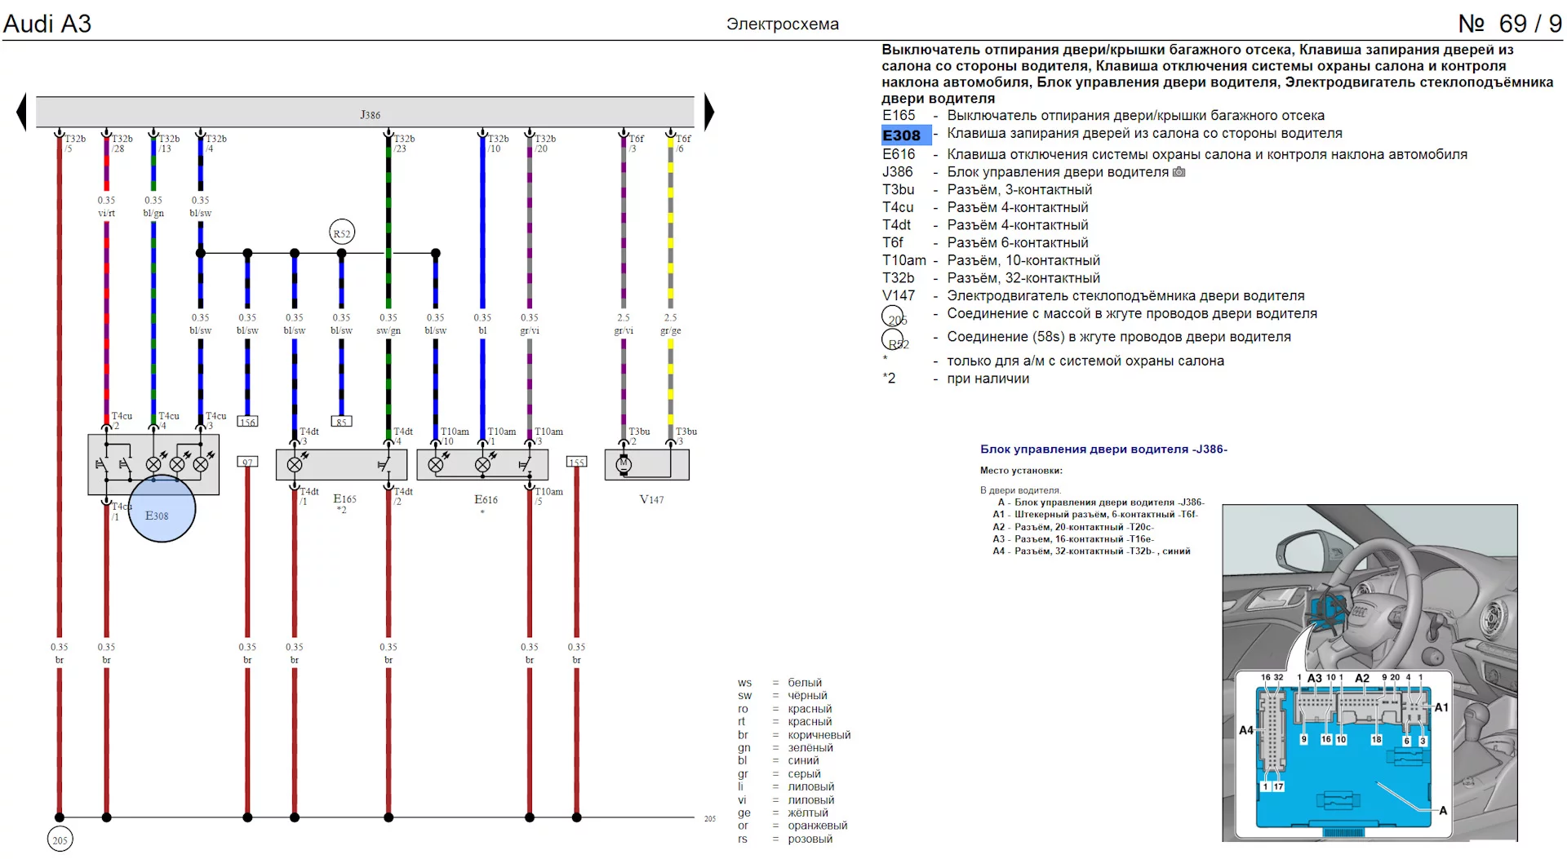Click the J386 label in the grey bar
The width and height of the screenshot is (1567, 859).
coord(370,115)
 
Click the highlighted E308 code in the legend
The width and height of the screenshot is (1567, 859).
coord(902,135)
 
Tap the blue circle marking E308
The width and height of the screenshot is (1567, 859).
coord(162,509)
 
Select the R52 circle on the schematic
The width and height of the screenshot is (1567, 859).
coord(342,233)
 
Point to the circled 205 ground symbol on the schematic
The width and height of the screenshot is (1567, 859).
coord(60,839)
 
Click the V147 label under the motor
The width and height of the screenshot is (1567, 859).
coord(651,499)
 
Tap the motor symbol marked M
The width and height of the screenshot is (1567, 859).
coord(624,464)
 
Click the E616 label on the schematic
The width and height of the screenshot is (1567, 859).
coord(486,499)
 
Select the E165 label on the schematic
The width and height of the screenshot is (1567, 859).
coord(344,498)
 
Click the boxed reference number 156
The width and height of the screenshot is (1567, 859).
coord(247,422)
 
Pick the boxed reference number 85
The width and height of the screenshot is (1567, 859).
coord(341,422)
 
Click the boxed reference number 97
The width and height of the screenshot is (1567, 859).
coord(247,462)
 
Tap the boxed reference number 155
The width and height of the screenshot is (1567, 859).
coord(576,462)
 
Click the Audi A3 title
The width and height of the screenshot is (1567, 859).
coord(47,24)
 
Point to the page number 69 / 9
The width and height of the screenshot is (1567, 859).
coord(1510,24)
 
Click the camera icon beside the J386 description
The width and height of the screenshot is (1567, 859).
coord(1179,172)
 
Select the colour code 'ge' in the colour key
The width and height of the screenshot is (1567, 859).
coord(744,813)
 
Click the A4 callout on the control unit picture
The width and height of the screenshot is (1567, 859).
coord(1245,730)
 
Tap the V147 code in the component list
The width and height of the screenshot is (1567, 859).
coord(899,295)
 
